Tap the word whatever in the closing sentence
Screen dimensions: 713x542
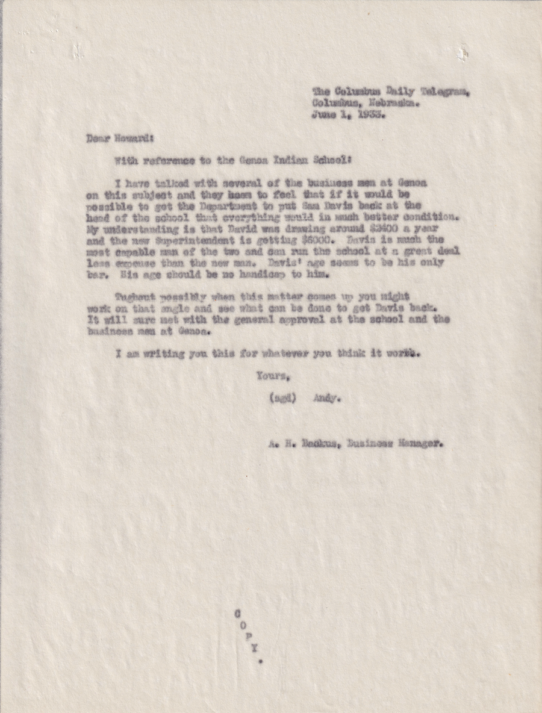(297, 353)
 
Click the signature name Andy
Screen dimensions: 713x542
(328, 398)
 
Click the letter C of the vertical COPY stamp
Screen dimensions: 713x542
(238, 613)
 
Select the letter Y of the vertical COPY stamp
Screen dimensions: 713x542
(255, 649)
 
